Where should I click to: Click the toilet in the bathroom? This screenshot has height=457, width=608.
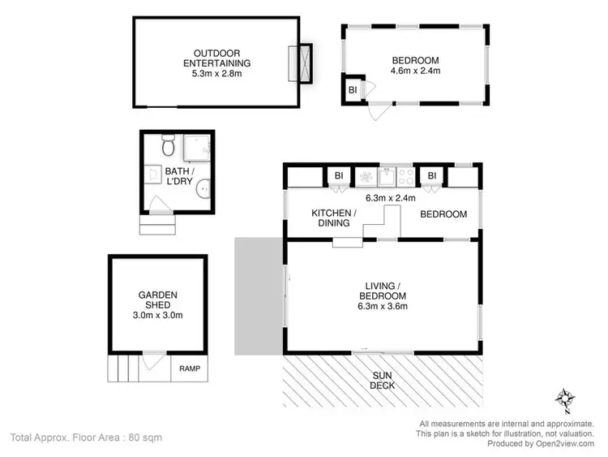click(168, 146)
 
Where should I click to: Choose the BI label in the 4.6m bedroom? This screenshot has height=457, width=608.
click(353, 89)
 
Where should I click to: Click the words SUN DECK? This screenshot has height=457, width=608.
click(383, 380)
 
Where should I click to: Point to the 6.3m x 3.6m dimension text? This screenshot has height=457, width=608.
click(383, 306)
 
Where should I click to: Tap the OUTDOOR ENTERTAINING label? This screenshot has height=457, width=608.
click(216, 57)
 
